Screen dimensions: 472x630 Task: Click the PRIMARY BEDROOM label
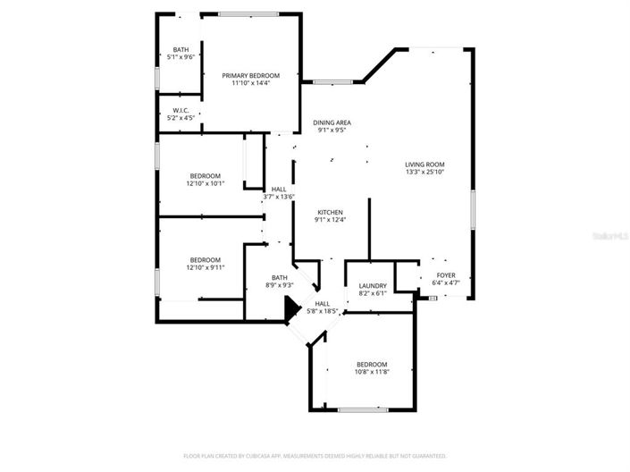[250, 76]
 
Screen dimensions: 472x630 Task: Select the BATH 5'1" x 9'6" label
[181, 49]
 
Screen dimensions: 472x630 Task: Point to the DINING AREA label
[332, 122]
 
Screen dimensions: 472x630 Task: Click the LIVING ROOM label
[424, 164]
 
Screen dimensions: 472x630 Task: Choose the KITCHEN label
[330, 212]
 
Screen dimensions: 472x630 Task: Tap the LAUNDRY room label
[373, 285]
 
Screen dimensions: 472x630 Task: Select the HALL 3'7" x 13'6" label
[279, 190]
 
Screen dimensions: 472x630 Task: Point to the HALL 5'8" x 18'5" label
[323, 304]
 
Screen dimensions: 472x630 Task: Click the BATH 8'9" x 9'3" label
[280, 278]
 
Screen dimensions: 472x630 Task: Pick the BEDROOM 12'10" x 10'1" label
[206, 175]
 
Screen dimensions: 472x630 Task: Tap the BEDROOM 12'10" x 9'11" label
[206, 259]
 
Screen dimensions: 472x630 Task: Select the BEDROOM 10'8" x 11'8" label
[372, 364]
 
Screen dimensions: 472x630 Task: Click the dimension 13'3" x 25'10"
[424, 173]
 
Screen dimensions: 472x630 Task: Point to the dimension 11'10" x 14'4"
[250, 84]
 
